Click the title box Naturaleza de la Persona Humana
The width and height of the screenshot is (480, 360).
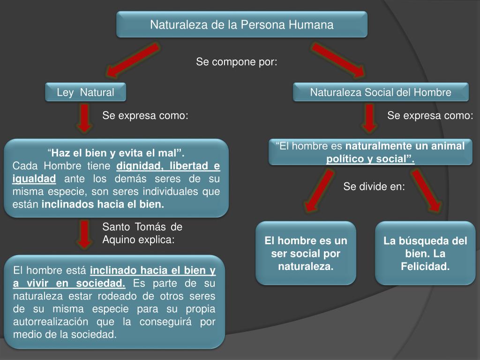(241, 24)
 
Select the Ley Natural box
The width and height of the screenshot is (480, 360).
(85, 92)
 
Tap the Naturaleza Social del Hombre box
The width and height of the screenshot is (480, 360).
(380, 92)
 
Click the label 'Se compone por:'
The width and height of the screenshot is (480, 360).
(237, 62)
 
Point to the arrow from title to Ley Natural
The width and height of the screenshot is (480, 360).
(133, 60)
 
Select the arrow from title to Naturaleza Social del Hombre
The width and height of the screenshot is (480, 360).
(338, 60)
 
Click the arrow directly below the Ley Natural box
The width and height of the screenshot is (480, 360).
(84, 118)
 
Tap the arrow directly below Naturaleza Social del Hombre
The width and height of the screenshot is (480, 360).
(370, 118)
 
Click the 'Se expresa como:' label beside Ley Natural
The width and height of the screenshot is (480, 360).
(145, 116)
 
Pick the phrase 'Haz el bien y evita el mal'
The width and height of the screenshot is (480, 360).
(116, 153)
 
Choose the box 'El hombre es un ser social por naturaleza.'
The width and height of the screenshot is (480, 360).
(306, 254)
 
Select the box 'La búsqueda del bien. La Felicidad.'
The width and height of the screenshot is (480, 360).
(425, 254)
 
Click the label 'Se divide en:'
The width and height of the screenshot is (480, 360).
(374, 187)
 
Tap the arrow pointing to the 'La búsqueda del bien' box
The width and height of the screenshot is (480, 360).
(427, 190)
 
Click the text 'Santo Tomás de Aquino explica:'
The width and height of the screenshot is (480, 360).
(142, 233)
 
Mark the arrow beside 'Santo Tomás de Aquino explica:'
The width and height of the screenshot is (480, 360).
(84, 234)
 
